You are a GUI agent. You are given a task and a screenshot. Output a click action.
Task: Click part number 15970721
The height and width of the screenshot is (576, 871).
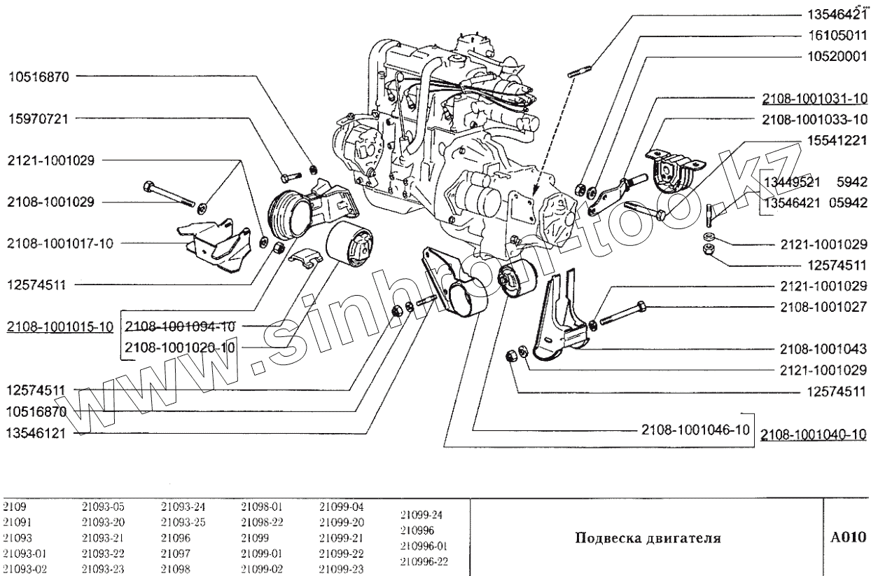pos(39,118)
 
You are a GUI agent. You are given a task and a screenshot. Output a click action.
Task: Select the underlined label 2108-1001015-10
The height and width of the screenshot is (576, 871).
pos(59,327)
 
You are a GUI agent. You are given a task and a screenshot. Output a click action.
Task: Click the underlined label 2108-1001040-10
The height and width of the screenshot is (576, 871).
pos(814,434)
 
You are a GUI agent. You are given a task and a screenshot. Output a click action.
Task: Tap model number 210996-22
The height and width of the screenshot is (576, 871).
pos(423,561)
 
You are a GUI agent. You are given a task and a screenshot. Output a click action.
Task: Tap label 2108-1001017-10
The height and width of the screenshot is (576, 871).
pos(60,244)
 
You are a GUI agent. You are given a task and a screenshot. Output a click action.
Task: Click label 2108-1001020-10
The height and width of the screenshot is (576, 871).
pos(179,347)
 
